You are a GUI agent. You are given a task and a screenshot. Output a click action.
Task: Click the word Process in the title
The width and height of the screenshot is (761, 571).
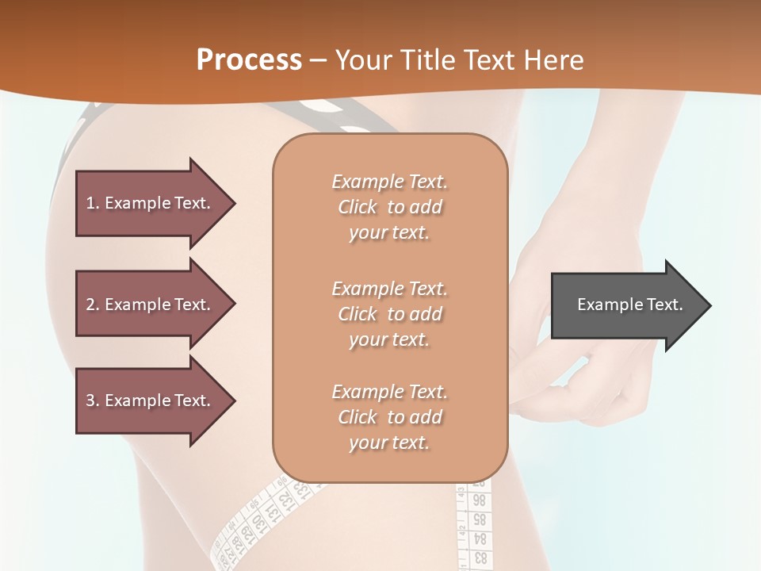coord(249,60)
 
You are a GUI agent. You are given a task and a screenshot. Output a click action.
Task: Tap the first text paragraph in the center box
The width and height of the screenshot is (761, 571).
coord(389,207)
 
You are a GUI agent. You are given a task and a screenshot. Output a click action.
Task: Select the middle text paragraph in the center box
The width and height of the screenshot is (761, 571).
coord(389,314)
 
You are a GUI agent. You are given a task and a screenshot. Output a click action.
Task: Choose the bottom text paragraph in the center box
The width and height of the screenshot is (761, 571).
coord(389,417)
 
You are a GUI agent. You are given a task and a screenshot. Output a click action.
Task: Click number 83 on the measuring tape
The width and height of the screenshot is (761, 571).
coord(480,558)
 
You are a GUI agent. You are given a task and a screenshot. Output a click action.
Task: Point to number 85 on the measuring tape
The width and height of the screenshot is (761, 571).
coord(480,520)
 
